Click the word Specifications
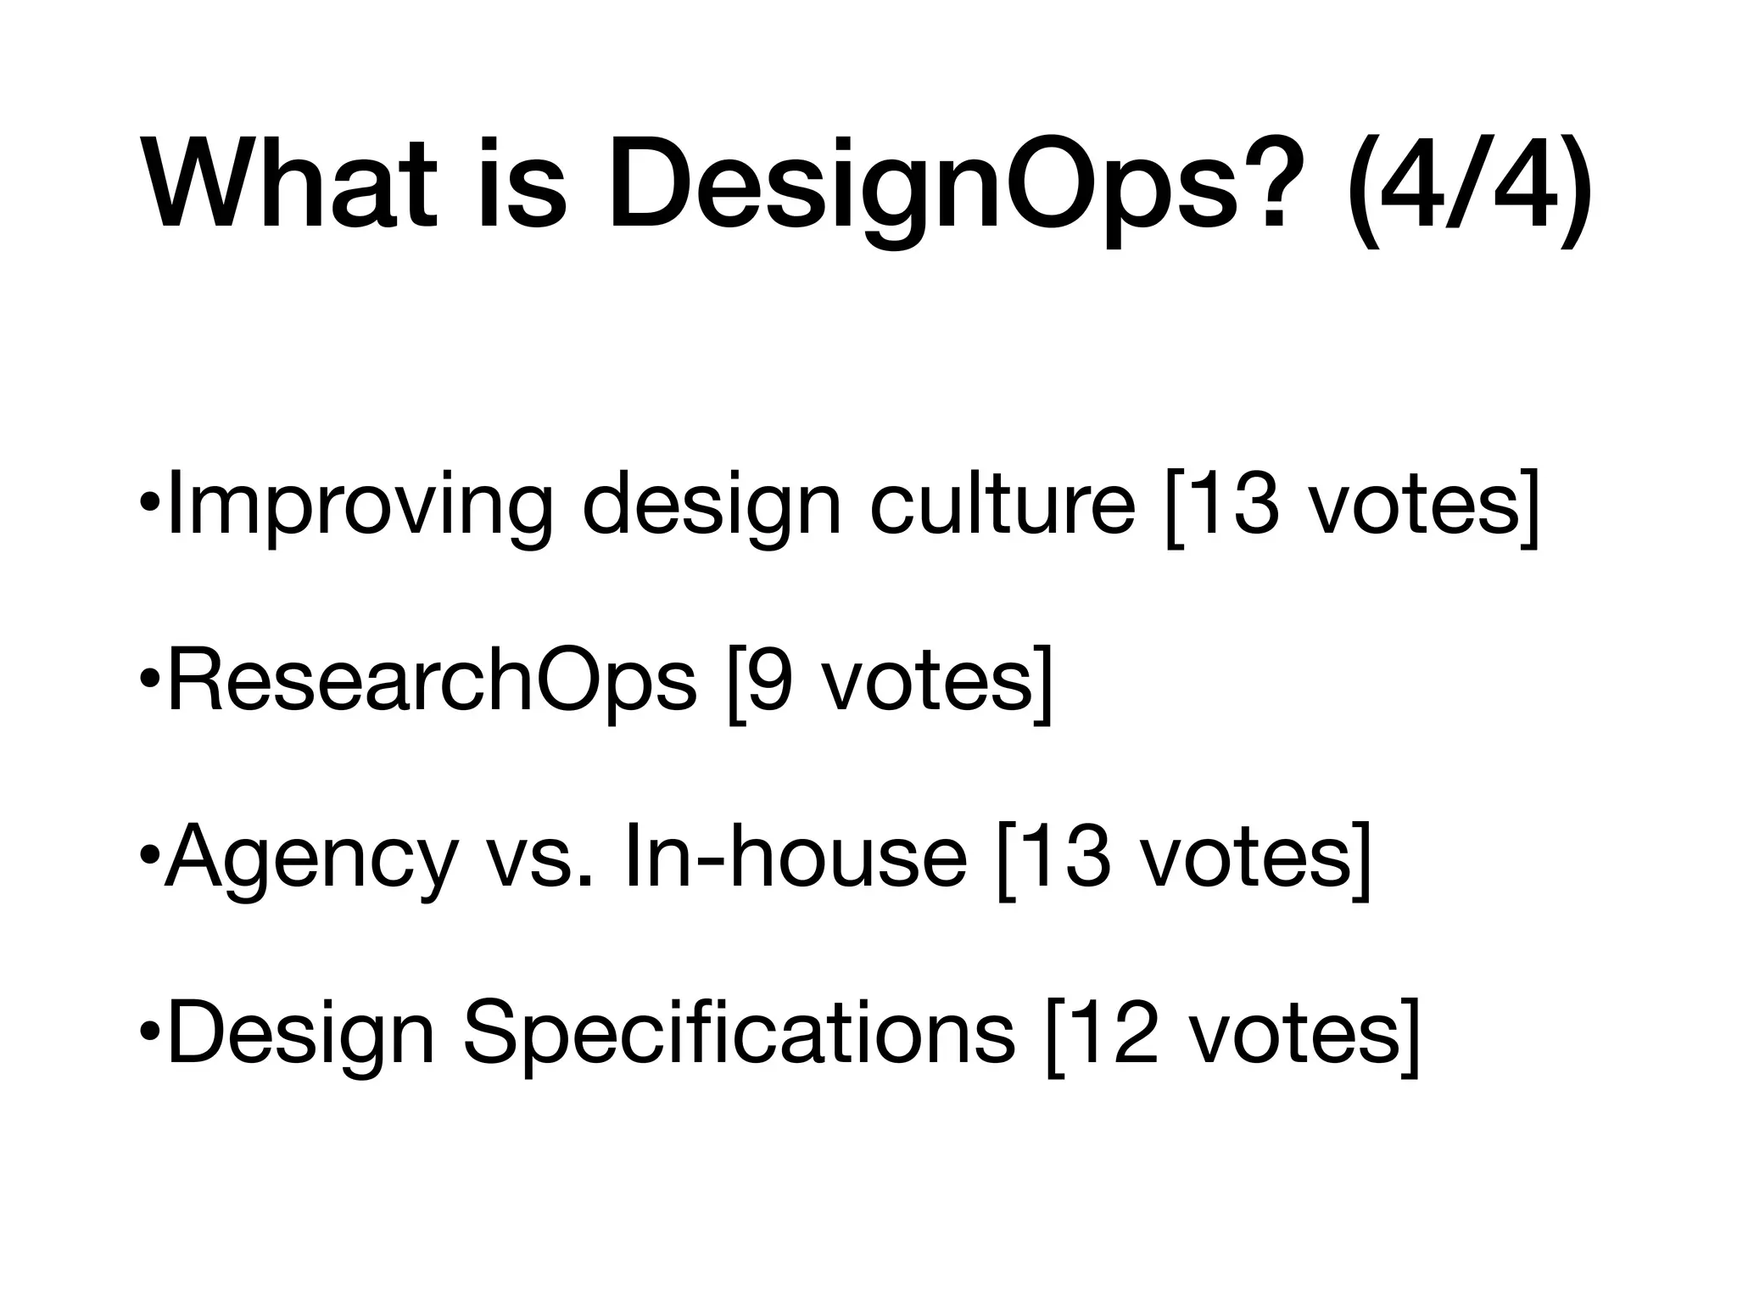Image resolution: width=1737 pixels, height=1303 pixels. [x=739, y=1034]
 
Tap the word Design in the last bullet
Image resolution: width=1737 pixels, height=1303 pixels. [x=301, y=1034]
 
